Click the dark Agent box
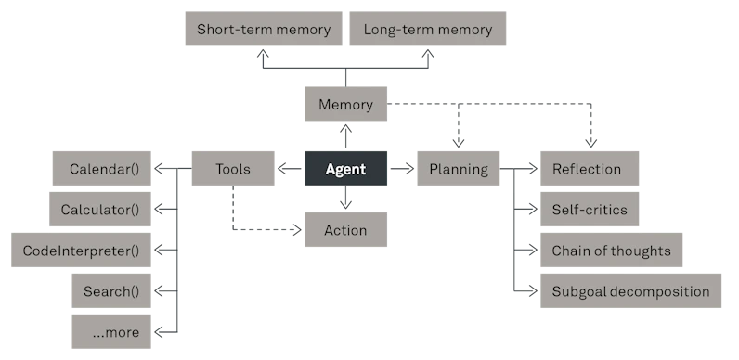(345, 168)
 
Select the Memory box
(345, 104)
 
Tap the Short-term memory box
(264, 29)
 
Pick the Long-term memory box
(427, 29)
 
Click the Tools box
(233, 168)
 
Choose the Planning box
(458, 168)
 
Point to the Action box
(345, 229)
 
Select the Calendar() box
(102, 168)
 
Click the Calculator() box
(100, 209)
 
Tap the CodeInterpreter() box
(81, 250)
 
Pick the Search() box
(111, 290)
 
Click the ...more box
(111, 332)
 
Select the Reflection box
(590, 168)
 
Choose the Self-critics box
(590, 209)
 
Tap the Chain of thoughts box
(611, 250)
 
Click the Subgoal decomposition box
(630, 290)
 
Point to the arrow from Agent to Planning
(402, 168)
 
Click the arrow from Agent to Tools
(290, 168)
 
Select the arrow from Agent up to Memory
(345, 136)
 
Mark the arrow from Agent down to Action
(345, 198)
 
